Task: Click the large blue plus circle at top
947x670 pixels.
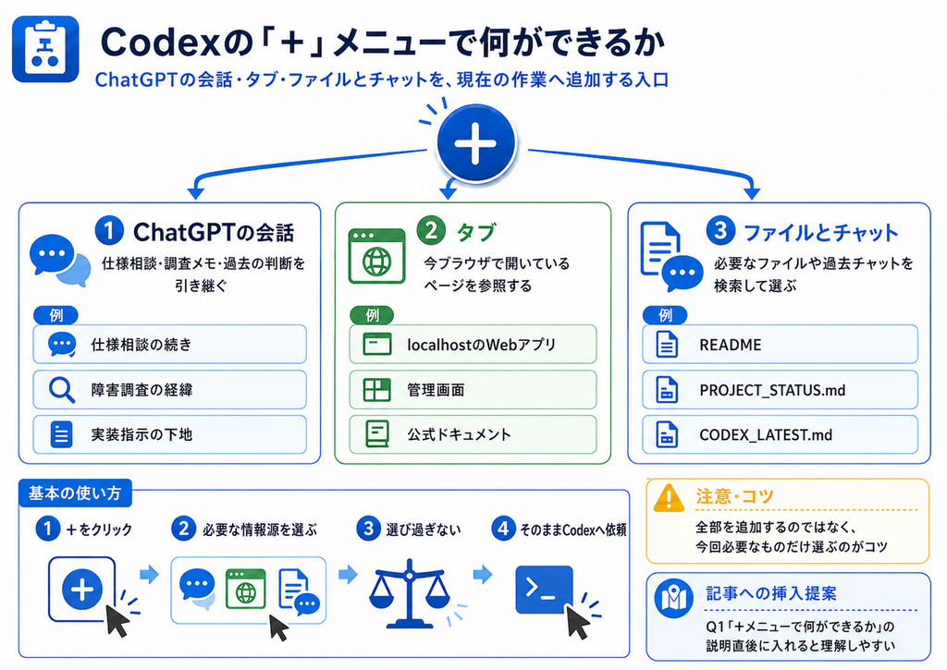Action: [476, 143]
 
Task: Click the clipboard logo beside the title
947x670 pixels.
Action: [45, 49]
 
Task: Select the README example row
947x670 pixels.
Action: [780, 344]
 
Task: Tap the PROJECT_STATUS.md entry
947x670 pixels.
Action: [780, 389]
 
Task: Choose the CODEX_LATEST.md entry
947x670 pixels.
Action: [780, 434]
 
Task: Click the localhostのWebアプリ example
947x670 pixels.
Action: [473, 344]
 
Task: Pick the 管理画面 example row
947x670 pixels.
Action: [473, 389]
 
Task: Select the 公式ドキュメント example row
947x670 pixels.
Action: [473, 434]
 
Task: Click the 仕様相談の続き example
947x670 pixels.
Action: [170, 344]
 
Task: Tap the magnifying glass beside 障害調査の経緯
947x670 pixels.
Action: [62, 390]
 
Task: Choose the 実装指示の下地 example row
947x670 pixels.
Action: [170, 434]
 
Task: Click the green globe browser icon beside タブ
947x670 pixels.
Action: [377, 256]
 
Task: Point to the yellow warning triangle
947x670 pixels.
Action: [669, 498]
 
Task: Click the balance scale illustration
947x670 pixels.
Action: [410, 593]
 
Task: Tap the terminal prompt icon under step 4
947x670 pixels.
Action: [544, 589]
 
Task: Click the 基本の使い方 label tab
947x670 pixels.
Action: [75, 493]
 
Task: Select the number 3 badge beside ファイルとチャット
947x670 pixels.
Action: [720, 231]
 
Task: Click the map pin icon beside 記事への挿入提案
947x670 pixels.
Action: [673, 598]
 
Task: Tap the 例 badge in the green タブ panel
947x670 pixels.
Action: [372, 315]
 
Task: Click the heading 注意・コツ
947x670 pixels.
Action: [734, 496]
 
